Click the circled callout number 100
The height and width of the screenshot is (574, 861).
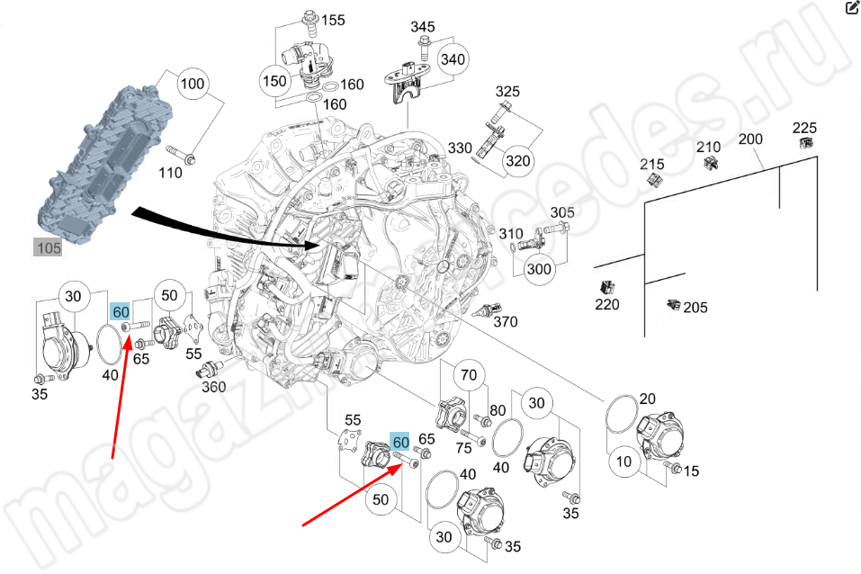pos(192,85)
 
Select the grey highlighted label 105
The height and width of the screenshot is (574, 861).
pos(49,247)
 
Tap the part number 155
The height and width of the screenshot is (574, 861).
pos(333,20)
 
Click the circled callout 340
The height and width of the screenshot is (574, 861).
pos(454,59)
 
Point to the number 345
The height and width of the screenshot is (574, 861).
pos(423,26)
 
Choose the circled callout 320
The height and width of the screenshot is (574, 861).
pos(517,160)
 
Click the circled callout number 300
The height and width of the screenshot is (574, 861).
pos(538,268)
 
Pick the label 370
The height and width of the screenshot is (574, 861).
pos(506,321)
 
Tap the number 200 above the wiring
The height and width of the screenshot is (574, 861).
pos(750,139)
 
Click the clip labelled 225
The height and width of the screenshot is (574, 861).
pos(806,142)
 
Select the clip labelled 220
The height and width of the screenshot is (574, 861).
pos(607,288)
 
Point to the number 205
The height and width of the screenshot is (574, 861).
pos(695,308)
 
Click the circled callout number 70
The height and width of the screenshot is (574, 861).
pos(468,375)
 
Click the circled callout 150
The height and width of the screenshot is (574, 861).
pos(274,81)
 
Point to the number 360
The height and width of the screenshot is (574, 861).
pos(214,387)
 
